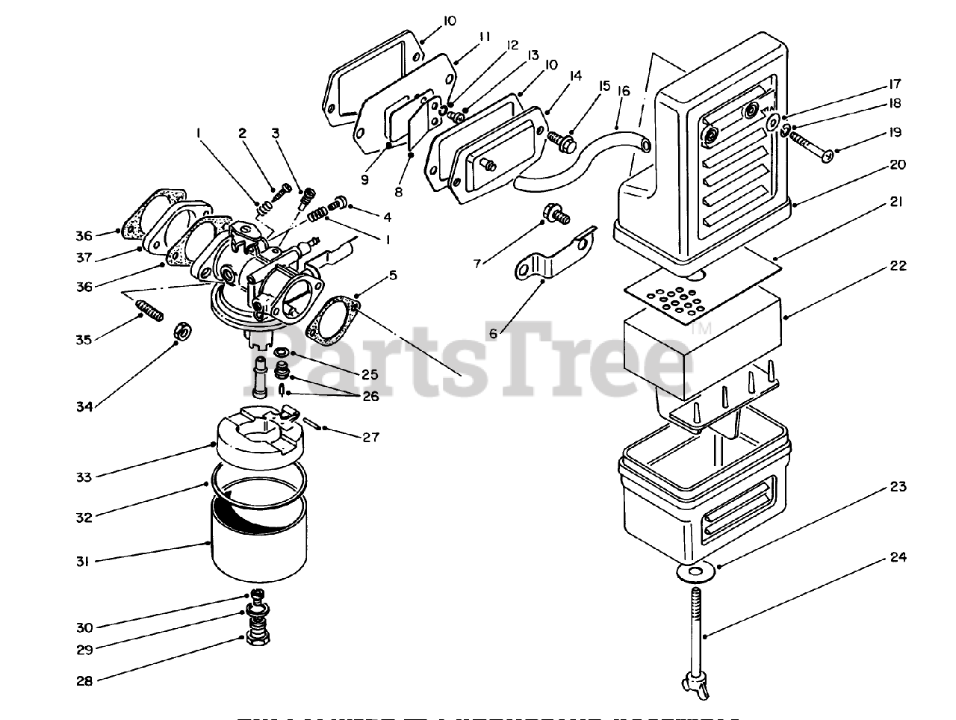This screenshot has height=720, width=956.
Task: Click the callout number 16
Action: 624,90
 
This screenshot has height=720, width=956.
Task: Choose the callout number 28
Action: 84,680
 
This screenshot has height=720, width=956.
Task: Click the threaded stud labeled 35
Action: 149,308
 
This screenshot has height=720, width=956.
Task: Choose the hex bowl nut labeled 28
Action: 258,640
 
